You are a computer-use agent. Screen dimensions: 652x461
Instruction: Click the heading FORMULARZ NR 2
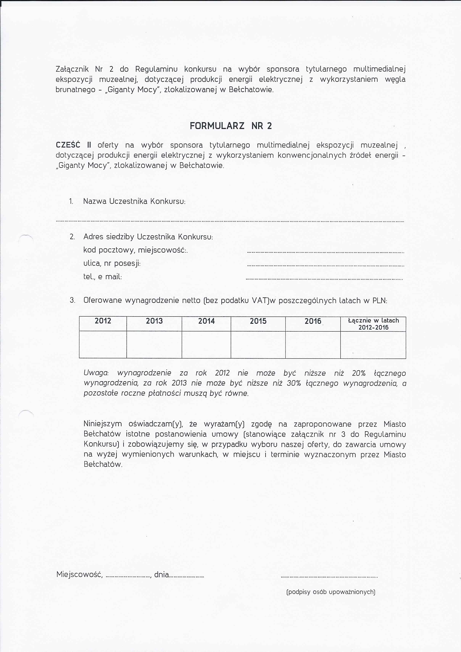point(231,126)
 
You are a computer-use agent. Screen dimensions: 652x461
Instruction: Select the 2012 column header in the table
point(103,321)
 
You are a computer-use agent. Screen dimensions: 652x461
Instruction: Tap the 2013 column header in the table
point(154,321)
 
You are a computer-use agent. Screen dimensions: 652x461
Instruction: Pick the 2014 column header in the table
point(206,321)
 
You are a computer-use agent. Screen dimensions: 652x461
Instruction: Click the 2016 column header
point(313,321)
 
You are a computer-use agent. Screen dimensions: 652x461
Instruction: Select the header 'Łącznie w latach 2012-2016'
point(373,324)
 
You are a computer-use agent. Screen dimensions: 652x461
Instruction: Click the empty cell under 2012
point(103,345)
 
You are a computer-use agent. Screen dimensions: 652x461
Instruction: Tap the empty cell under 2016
point(313,345)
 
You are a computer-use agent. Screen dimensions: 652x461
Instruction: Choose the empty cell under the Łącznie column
point(373,345)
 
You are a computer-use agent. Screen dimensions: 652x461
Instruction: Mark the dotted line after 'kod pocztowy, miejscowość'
point(325,252)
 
